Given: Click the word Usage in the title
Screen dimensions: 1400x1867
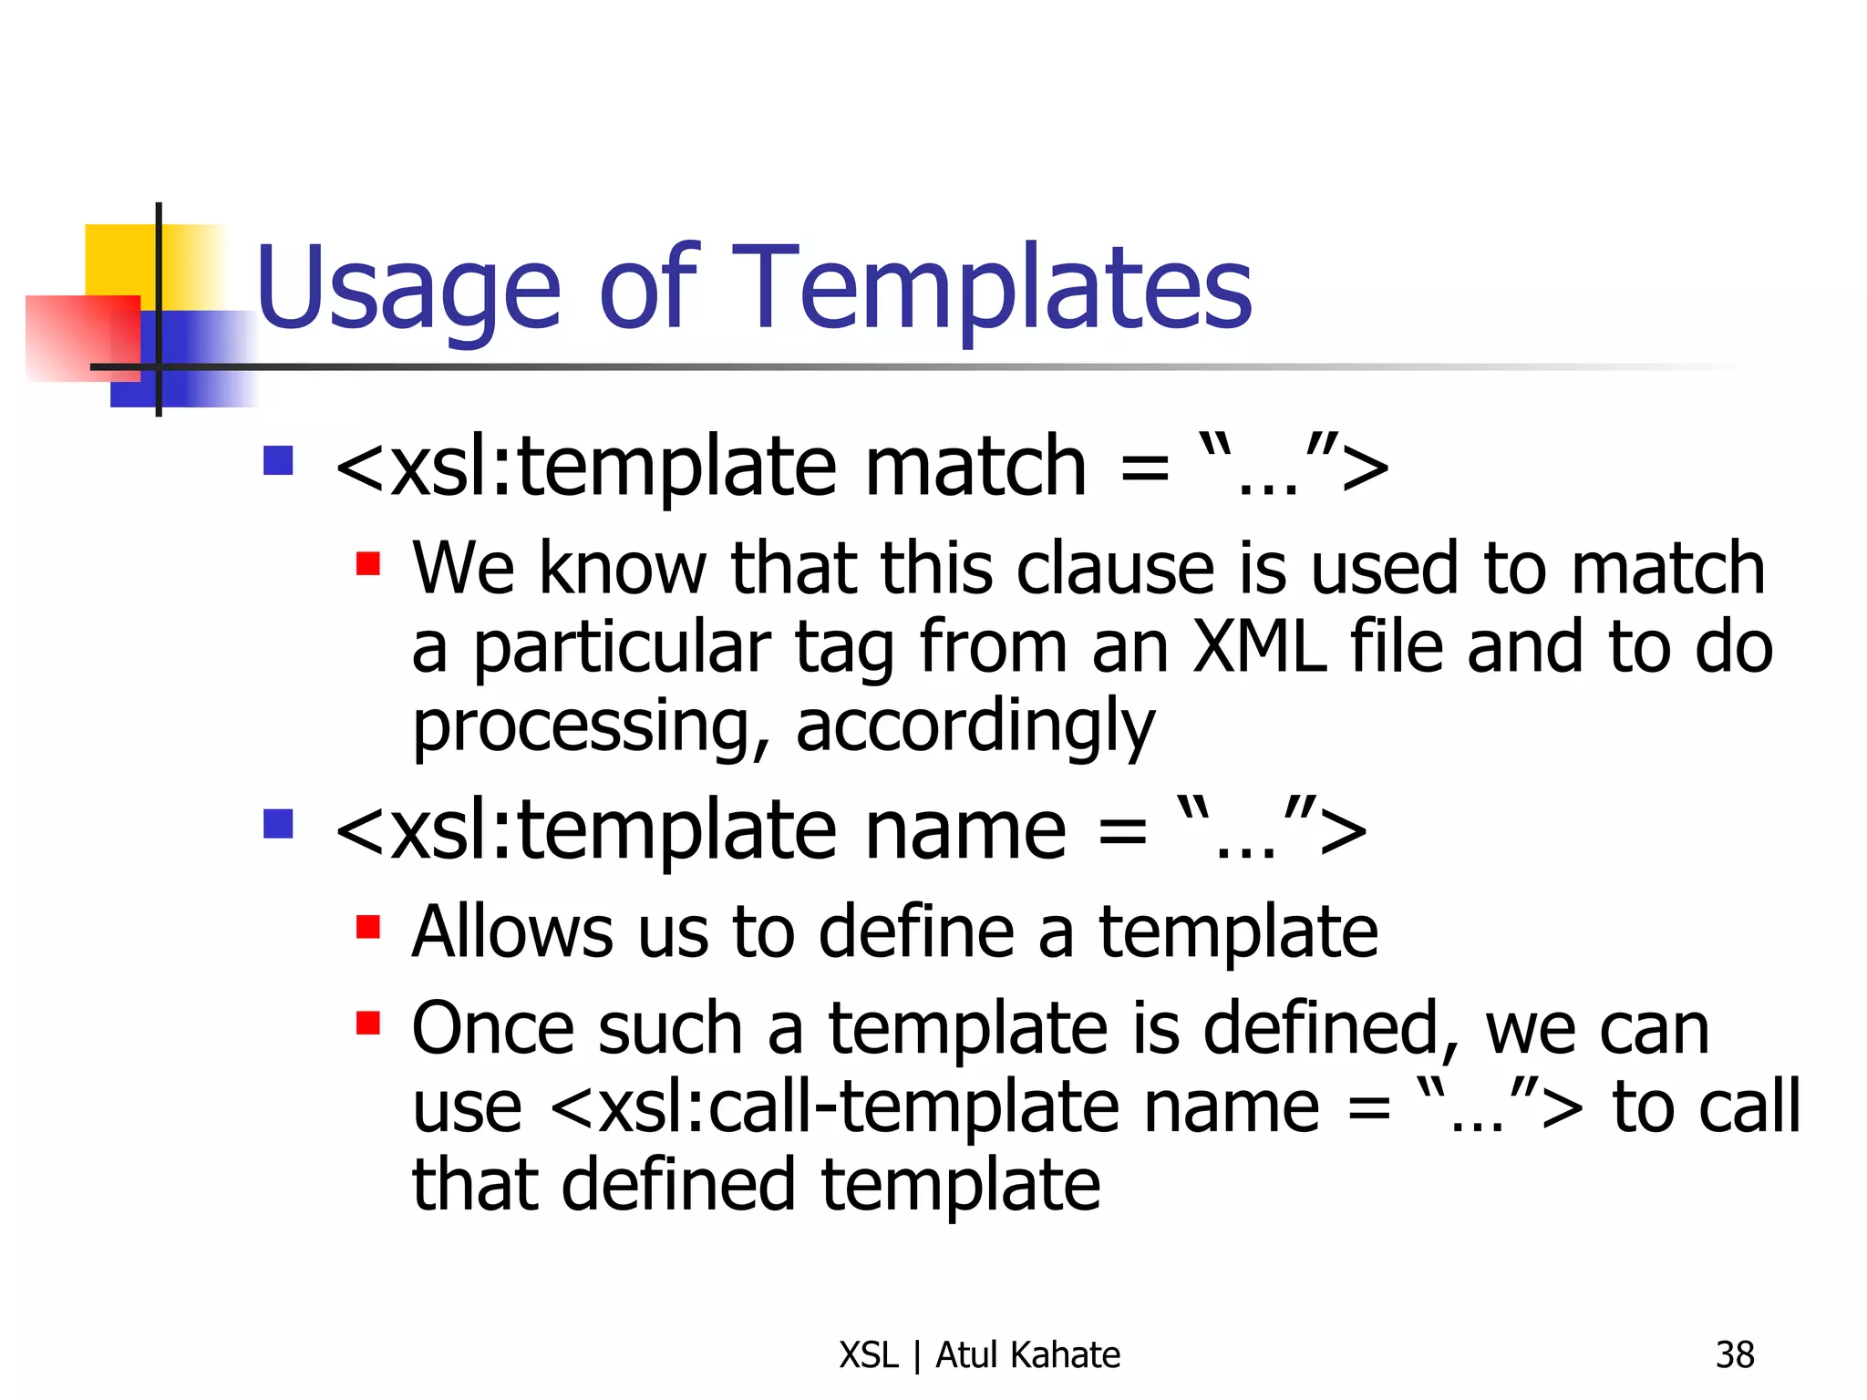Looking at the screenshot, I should tap(407, 290).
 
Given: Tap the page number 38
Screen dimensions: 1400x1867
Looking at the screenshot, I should tap(1734, 1355).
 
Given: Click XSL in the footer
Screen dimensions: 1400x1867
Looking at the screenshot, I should tap(869, 1355).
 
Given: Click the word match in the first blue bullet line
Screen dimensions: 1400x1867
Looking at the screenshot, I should tap(975, 467).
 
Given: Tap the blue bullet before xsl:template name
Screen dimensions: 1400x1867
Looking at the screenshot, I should tap(278, 824).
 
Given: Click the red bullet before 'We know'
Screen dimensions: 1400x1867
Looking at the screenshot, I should tap(367, 563).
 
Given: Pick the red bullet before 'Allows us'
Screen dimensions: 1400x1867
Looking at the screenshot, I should tap(367, 927).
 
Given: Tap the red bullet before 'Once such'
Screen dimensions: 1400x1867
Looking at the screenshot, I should tap(367, 1024).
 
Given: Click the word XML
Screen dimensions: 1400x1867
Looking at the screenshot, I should tap(1259, 647).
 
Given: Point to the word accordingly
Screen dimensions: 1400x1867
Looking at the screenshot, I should tap(975, 727).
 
